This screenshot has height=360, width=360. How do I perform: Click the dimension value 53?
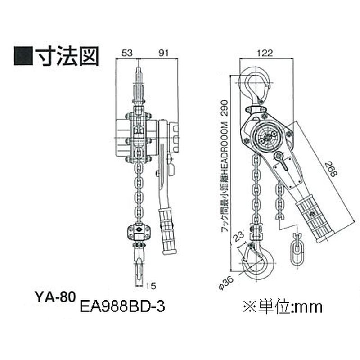(x=126, y=53)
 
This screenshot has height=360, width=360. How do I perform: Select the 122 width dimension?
(x=265, y=53)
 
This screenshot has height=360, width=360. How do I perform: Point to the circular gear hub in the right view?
(x=268, y=135)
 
